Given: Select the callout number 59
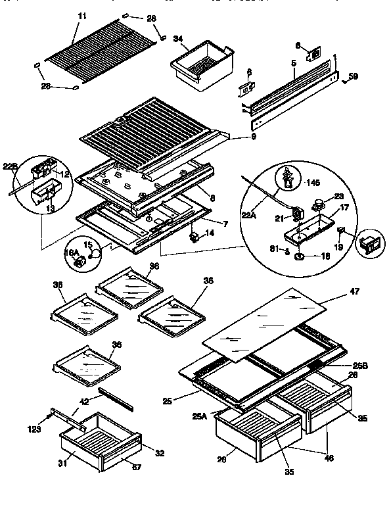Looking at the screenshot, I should (x=353, y=78).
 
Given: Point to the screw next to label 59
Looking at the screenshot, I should (x=343, y=82).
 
